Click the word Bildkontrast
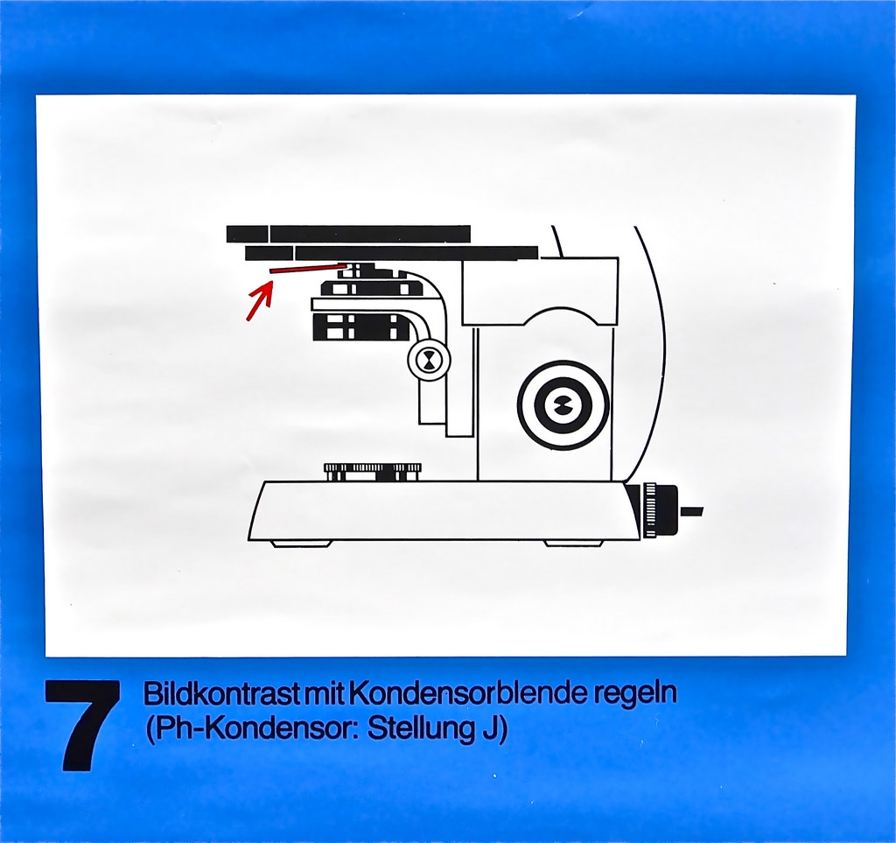(223, 693)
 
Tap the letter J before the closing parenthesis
(485, 729)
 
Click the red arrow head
(265, 295)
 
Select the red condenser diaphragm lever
(308, 268)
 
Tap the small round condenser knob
(429, 360)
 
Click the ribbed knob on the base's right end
(659, 510)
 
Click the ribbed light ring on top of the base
(373, 470)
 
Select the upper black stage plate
(348, 234)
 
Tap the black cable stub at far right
(691, 511)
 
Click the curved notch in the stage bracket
(539, 317)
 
